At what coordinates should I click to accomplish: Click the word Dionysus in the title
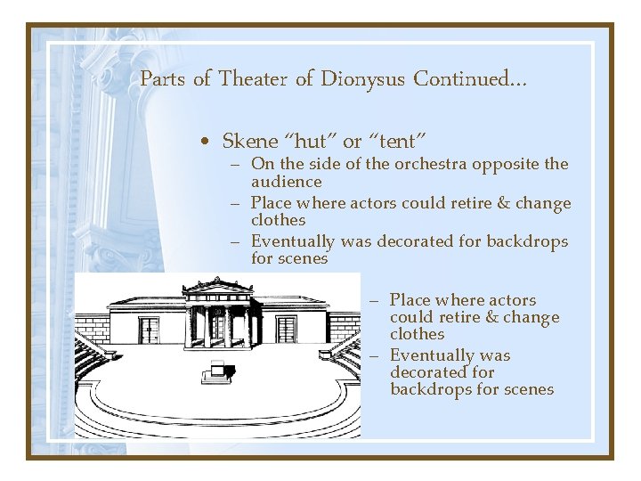point(361,79)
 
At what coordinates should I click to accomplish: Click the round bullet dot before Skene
point(206,142)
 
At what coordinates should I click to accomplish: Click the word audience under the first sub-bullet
point(286,182)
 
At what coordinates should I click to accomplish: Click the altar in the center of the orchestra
point(217,371)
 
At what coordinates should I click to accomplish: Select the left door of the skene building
point(148,330)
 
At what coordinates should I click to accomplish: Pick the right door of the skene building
point(286,330)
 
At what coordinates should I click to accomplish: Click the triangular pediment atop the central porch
point(217,289)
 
